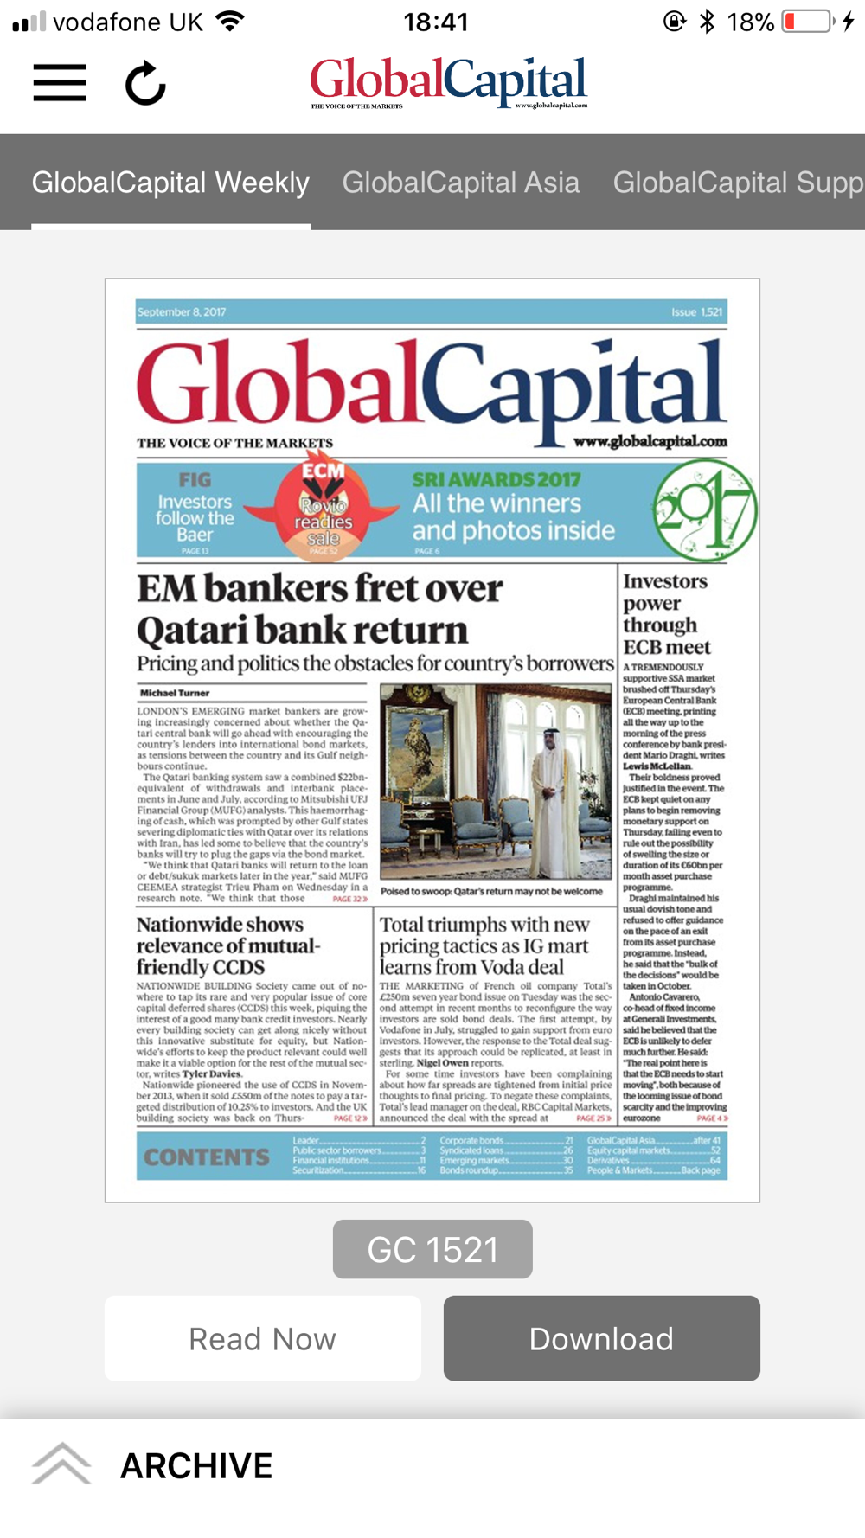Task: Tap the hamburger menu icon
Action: [60, 83]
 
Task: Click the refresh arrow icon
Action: [145, 84]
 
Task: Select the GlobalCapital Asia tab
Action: [461, 183]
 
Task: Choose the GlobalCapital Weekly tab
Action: [170, 183]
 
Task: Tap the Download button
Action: [601, 1338]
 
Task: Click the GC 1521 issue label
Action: [432, 1249]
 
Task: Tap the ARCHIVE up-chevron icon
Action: [61, 1464]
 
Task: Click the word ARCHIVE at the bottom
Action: [196, 1466]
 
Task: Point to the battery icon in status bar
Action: [807, 22]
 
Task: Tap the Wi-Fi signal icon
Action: [230, 22]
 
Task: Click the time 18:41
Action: [436, 22]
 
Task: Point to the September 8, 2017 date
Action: [182, 312]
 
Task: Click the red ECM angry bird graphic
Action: [323, 509]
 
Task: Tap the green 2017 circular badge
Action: [704, 510]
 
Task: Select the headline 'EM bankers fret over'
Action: [319, 589]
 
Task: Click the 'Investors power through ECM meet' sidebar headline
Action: [666, 613]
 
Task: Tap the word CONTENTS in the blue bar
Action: [207, 1157]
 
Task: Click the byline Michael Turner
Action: [175, 693]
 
